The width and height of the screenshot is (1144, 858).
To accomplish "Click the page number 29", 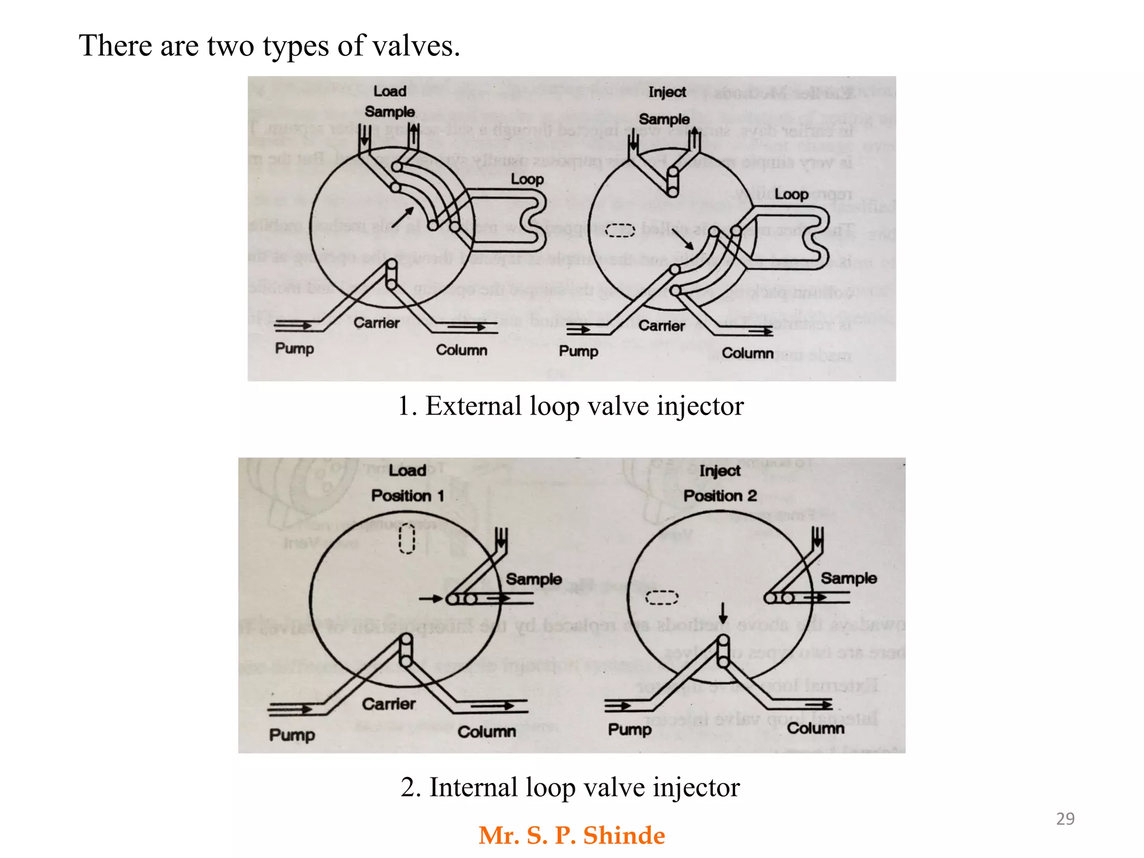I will pyautogui.click(x=1065, y=818).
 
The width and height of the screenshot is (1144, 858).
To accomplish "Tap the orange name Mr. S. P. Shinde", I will pyautogui.click(x=571, y=836).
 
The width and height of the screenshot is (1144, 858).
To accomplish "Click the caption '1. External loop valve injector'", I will pyautogui.click(x=570, y=406).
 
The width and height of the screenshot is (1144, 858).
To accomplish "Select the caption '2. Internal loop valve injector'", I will pyautogui.click(x=570, y=788).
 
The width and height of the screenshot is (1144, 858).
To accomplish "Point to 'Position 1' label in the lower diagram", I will pyautogui.click(x=407, y=495).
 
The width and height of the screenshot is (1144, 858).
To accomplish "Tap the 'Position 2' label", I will pyautogui.click(x=720, y=495).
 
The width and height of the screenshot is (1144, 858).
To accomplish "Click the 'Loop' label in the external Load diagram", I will pyautogui.click(x=527, y=179).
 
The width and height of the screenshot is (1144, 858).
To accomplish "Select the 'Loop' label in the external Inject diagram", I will pyautogui.click(x=791, y=194).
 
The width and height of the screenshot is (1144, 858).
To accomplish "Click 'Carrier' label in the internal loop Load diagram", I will pyautogui.click(x=388, y=704).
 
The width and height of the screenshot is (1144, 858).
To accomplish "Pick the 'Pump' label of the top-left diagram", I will pyautogui.click(x=294, y=349).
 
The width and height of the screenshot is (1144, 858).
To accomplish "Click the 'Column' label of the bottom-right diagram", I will pyautogui.click(x=816, y=728).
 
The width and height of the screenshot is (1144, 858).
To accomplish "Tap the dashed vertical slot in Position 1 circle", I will pyautogui.click(x=407, y=538).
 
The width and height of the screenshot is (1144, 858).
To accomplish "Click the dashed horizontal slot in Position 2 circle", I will pyautogui.click(x=661, y=598).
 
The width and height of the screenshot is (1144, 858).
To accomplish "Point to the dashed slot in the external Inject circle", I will pyautogui.click(x=621, y=230).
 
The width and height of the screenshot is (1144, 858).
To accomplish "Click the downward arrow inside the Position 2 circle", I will pyautogui.click(x=723, y=613).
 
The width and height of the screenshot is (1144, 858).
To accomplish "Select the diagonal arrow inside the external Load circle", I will pyautogui.click(x=403, y=217).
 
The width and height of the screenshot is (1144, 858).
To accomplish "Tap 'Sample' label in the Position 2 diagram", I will pyautogui.click(x=848, y=578).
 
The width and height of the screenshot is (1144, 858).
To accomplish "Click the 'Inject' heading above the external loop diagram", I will pyautogui.click(x=667, y=92).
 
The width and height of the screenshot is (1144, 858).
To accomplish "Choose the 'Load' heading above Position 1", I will pyautogui.click(x=407, y=470).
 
